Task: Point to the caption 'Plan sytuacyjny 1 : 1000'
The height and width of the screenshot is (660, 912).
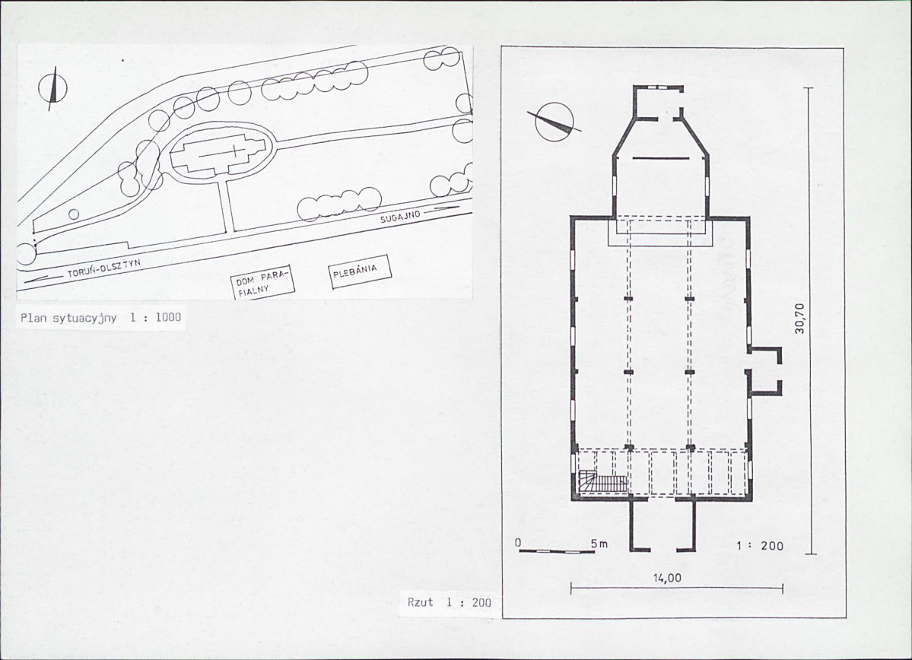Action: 100,318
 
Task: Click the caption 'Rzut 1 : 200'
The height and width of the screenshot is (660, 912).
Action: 449,602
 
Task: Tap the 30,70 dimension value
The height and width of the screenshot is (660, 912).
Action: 799,319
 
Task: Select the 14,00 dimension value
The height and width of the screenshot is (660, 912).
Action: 667,578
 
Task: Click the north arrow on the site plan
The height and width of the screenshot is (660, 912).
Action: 53,88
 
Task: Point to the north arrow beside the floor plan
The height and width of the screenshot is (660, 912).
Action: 554,122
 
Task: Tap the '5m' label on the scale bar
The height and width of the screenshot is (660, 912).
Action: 599,544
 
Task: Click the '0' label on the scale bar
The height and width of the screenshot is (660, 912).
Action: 518,543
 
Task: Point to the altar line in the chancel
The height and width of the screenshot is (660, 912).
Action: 659,158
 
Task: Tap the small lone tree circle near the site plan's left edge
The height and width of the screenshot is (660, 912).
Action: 74,214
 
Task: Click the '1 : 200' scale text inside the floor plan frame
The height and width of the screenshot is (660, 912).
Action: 760,546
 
